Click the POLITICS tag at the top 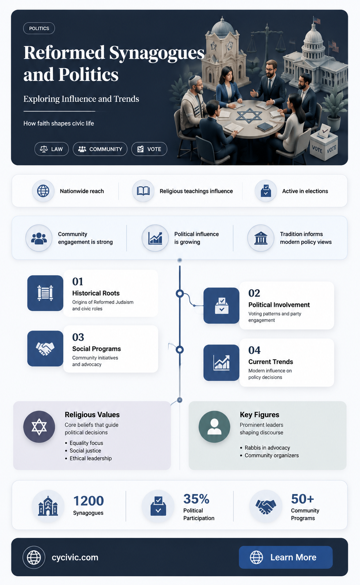point(39,29)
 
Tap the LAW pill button point(52,149)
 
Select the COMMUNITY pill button point(100,149)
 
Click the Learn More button point(286,557)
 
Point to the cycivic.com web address point(75,557)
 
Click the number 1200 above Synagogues point(89,501)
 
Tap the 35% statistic point(196,499)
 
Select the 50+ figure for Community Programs point(302,499)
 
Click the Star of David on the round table point(249,115)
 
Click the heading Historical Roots point(96,293)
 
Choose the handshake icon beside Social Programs point(45,349)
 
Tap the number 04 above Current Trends point(254,350)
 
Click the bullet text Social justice point(85,451)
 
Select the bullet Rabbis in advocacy point(267,448)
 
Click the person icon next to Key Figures point(214,427)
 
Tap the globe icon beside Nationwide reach point(43,191)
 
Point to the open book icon point(143,191)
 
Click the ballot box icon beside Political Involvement point(221,306)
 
